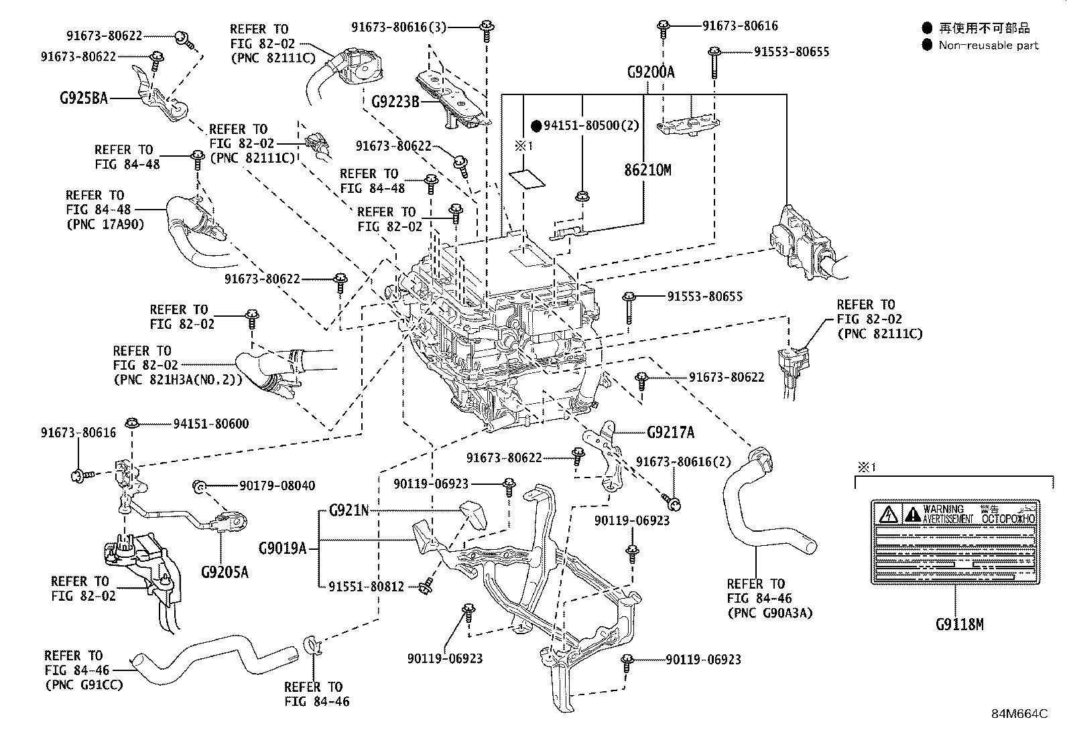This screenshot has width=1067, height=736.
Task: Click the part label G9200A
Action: pos(651,72)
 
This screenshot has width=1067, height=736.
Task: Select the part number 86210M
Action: pos(647,170)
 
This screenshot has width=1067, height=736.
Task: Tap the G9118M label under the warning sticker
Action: pos(959,625)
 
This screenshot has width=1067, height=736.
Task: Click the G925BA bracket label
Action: pos(83,98)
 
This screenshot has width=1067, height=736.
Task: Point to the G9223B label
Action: pos(395,102)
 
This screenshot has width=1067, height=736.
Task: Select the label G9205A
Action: pos(225,573)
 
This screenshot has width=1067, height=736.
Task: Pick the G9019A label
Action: pos(282,549)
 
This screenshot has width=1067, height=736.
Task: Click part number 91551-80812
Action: pos(366,587)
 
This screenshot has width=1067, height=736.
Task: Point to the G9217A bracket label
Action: pos(671,433)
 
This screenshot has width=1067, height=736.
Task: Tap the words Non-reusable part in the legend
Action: pos(988,46)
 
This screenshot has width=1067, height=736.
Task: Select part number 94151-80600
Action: pos(210,423)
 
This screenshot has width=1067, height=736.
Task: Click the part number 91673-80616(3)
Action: pos(398,27)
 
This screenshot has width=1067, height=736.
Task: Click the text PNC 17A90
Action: pos(105,224)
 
